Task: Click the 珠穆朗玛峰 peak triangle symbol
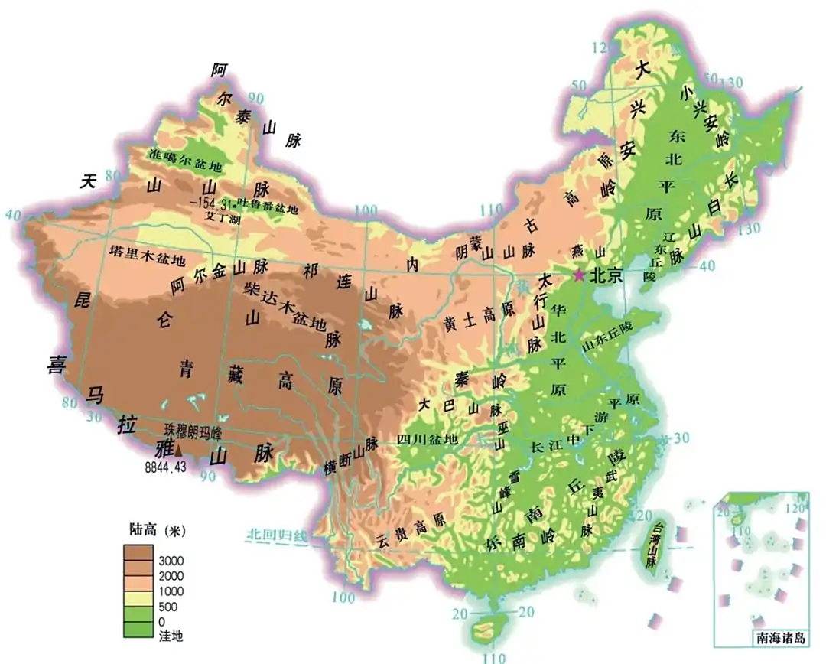point(179,452)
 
